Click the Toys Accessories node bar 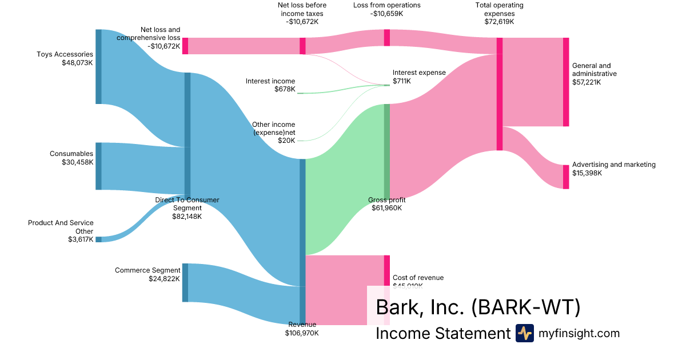(98, 66)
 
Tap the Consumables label (71, 154)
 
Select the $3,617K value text (80, 239)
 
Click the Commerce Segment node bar (185, 282)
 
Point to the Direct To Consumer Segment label (187, 204)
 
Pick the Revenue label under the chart (302, 325)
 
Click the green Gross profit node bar (386, 151)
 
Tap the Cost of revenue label (418, 278)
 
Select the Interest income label (270, 81)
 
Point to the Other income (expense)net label (273, 129)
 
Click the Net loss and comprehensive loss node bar (185, 46)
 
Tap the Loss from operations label (386, 5)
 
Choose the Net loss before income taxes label (302, 9)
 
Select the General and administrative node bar (566, 82)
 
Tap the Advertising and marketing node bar (566, 177)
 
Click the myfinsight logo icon (524, 333)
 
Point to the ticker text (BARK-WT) (526, 307)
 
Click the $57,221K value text (587, 82)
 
